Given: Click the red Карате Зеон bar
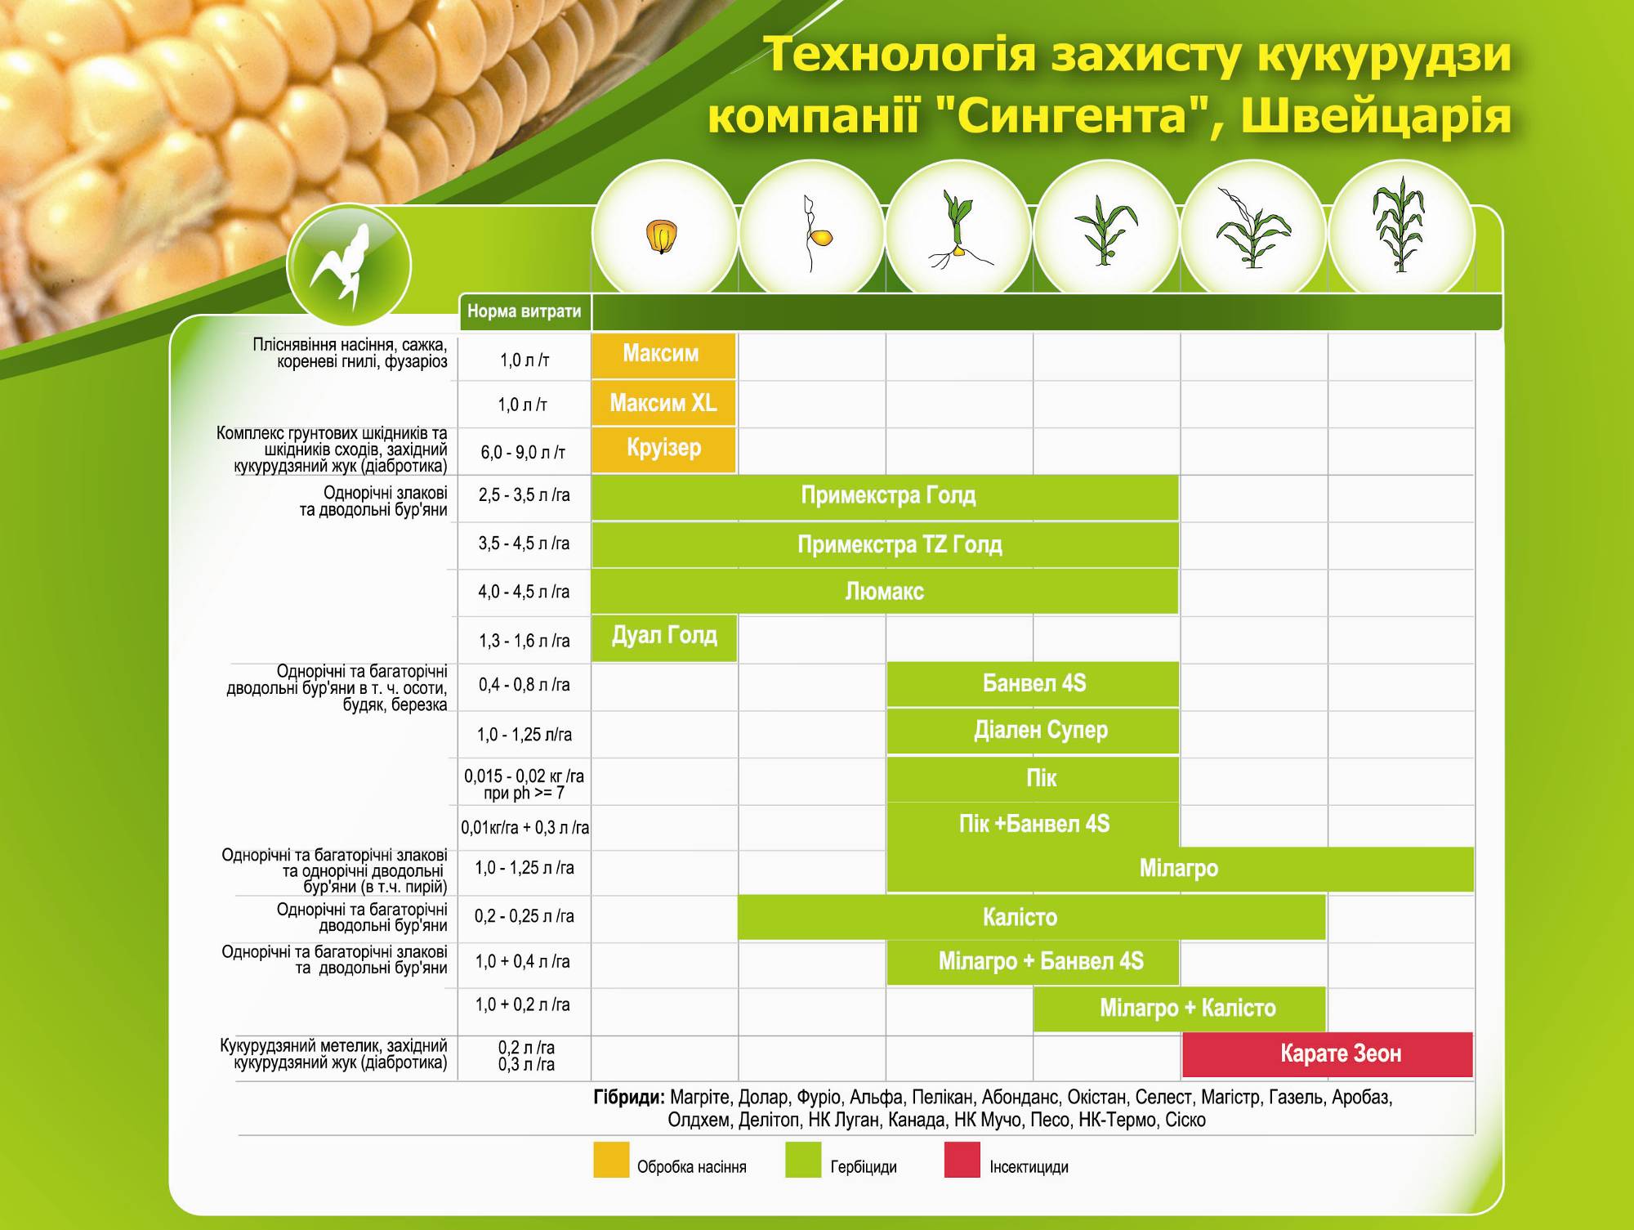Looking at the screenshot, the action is [1327, 1054].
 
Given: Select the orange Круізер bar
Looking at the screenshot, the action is [663, 450].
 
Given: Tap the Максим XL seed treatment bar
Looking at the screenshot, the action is [663, 403].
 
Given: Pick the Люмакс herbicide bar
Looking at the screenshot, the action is [885, 592].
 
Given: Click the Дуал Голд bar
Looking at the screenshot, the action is [664, 638].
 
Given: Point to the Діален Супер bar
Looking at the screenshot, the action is [1033, 731].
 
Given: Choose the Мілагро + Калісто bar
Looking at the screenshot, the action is [1180, 1009].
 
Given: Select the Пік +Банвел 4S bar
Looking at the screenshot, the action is [1033, 824].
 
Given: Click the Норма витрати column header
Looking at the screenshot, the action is [525, 311].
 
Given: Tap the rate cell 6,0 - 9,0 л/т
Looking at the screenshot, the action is [523, 452].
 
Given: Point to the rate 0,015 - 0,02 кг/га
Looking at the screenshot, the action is [524, 776].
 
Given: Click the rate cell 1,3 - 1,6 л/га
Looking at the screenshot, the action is [524, 641].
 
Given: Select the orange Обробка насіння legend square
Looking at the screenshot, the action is [611, 1160].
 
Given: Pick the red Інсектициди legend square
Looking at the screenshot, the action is [962, 1160].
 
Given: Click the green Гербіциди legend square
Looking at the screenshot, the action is [803, 1160].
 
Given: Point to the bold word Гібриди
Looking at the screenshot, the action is [629, 1097].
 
